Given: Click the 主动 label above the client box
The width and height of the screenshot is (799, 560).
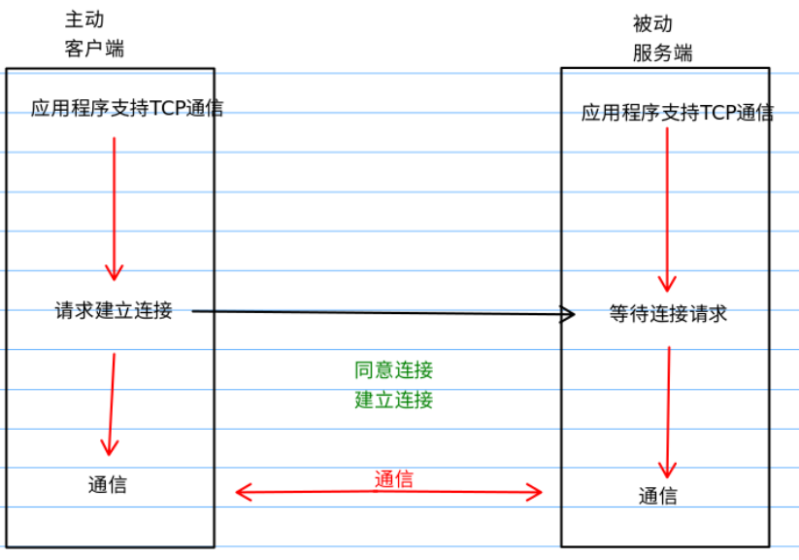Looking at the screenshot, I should tap(83, 19).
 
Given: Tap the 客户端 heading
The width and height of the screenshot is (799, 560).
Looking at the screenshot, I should tap(94, 49).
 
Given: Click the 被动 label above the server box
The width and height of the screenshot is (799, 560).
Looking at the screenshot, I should tap(651, 24).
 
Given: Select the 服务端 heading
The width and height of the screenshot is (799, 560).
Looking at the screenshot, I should tap(662, 53).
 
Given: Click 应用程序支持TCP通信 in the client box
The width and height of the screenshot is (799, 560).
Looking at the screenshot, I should tap(126, 108).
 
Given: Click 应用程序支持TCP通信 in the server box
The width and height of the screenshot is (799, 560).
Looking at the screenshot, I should tap(677, 113).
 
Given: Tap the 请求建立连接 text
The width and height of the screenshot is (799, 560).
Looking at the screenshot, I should tap(114, 311).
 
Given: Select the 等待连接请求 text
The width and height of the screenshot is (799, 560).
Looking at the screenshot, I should tap(668, 314).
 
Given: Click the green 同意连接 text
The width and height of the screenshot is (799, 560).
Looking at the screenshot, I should tap(393, 369).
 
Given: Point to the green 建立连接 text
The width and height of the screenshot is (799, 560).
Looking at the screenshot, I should tap(393, 400).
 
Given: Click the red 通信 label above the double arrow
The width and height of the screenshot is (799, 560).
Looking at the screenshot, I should tap(393, 478).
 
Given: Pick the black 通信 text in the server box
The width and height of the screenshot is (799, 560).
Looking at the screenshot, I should tap(657, 496).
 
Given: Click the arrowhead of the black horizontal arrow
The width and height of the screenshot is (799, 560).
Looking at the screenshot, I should tap(568, 313).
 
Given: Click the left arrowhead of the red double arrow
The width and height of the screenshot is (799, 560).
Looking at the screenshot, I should tap(243, 492).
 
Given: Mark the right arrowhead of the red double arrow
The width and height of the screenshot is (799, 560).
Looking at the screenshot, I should tap(535, 492).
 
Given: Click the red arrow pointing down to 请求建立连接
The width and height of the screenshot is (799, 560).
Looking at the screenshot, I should tap(115, 208).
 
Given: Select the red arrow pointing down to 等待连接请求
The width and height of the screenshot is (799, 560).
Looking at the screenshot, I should tap(667, 208).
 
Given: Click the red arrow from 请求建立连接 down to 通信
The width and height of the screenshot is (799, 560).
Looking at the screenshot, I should tap(112, 403).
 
